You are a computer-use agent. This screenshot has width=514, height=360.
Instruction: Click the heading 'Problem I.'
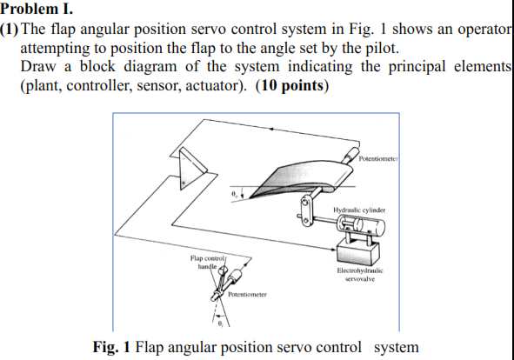[x=34, y=10]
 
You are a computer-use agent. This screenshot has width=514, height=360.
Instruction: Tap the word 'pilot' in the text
[x=378, y=47]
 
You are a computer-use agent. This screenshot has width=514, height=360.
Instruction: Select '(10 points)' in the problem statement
[x=292, y=86]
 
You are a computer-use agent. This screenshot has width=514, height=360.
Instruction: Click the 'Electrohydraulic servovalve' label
[x=358, y=276]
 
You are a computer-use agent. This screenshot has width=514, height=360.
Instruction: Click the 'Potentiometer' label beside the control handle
[x=247, y=297]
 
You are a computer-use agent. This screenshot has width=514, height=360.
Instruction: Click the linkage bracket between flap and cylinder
[x=306, y=211]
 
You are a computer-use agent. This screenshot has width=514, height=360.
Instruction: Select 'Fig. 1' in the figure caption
[x=111, y=346]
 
